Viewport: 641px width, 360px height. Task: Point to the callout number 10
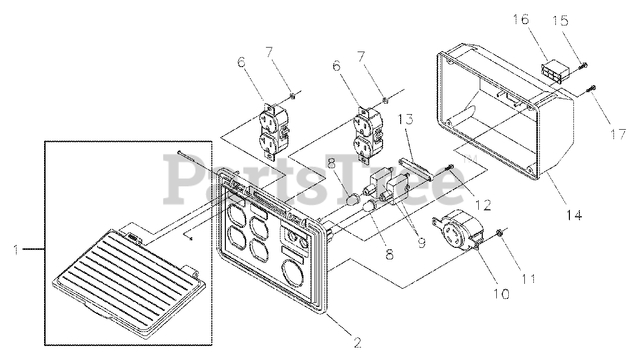(502, 293)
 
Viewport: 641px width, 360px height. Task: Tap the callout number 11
(530, 278)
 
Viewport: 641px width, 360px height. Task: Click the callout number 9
(421, 242)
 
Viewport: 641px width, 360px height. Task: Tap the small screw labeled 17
(592, 88)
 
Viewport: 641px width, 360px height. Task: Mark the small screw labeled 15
(583, 66)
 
